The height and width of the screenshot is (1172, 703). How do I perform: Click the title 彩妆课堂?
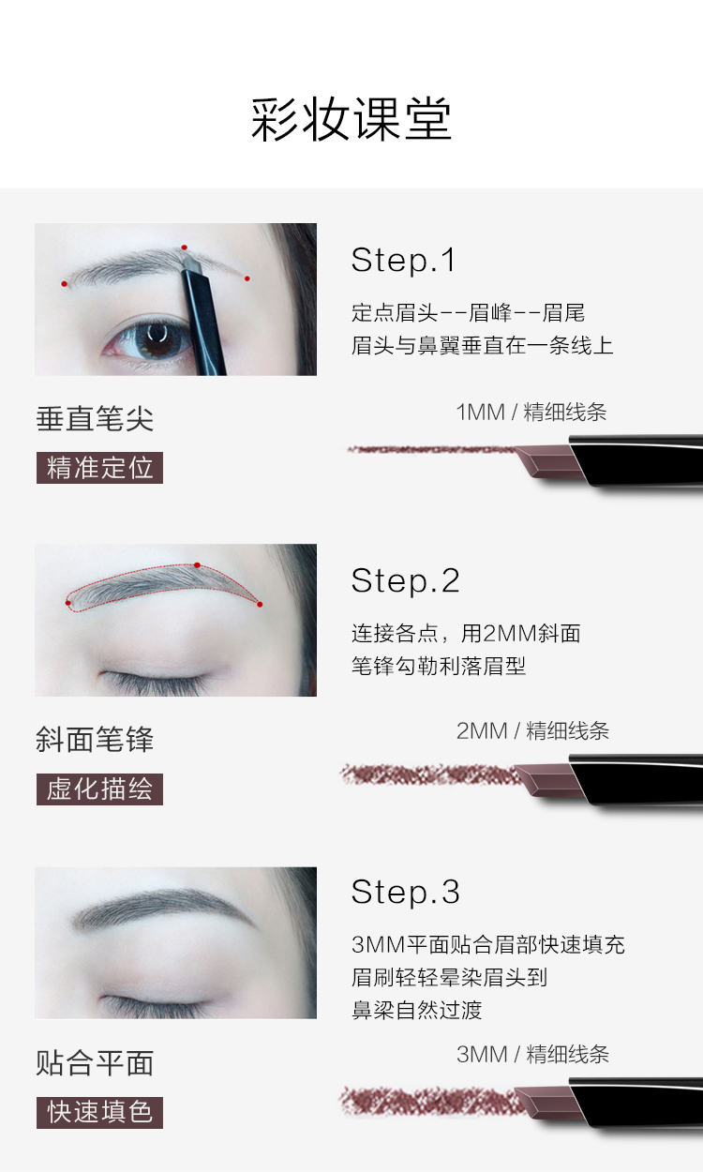351,119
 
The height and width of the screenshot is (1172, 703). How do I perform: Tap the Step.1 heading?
403,260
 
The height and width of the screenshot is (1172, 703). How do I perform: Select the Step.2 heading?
405,580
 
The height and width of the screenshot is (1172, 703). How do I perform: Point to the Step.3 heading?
405,892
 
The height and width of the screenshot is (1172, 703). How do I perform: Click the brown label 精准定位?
99,468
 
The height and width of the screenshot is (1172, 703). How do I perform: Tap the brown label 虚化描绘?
99,789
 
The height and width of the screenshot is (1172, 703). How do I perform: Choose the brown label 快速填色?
99,1112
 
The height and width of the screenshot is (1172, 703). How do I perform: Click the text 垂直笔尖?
95,419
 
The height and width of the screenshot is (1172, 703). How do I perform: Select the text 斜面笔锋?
95,740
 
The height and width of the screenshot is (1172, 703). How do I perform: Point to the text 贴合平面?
95,1063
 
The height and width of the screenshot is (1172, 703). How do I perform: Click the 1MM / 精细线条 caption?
531,413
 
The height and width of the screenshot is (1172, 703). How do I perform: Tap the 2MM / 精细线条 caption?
532,731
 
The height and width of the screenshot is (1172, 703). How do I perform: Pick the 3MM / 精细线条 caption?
532,1054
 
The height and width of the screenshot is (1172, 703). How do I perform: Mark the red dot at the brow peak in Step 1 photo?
184,248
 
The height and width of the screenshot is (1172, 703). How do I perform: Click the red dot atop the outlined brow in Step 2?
197,565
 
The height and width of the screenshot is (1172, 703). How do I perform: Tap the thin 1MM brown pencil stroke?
431,449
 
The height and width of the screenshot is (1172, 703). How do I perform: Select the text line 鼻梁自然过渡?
417,1010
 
